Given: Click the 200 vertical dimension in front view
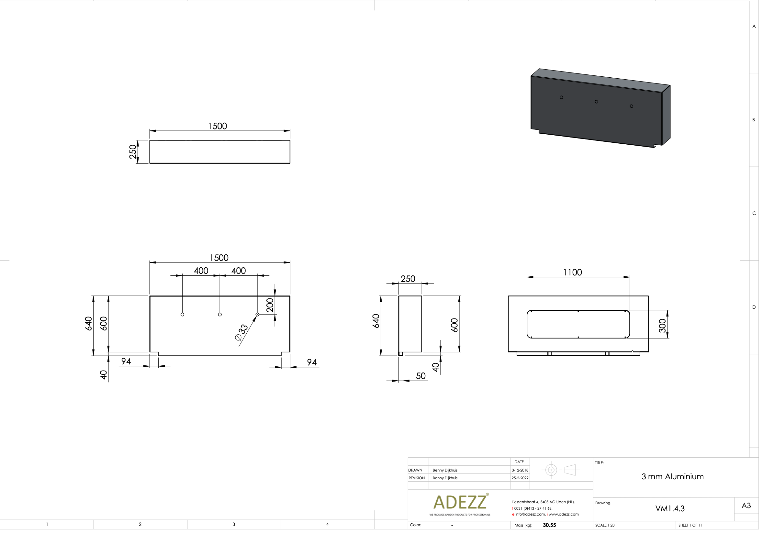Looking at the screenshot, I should tap(270, 305).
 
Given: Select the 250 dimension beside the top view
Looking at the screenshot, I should tap(133, 152).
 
